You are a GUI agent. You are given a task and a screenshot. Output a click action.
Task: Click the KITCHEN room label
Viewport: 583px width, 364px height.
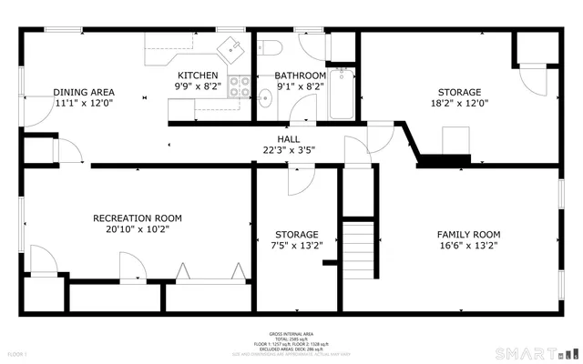pos(198,76)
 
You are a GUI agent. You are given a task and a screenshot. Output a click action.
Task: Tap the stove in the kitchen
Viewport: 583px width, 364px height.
pos(240,87)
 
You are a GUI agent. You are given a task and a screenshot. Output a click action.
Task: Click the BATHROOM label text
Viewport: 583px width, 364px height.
pos(301,76)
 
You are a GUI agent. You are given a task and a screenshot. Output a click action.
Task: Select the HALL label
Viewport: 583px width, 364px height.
pos(288,139)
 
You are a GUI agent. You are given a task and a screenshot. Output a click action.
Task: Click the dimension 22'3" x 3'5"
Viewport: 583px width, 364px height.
pos(288,150)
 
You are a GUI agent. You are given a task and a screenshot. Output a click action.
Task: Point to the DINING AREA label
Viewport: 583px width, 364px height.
pos(84,92)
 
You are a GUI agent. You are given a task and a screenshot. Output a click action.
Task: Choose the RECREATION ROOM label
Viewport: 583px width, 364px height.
pos(138,218)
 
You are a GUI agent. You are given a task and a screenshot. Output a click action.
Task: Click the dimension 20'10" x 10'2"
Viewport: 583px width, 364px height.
pos(138,229)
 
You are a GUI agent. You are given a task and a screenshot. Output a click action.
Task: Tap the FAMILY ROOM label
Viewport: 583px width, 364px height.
pos(468,235)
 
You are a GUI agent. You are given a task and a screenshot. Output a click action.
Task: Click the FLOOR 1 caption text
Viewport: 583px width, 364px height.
pos(17,353)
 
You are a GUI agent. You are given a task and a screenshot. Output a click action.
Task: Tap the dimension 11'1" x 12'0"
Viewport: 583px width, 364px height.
pos(84,103)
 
